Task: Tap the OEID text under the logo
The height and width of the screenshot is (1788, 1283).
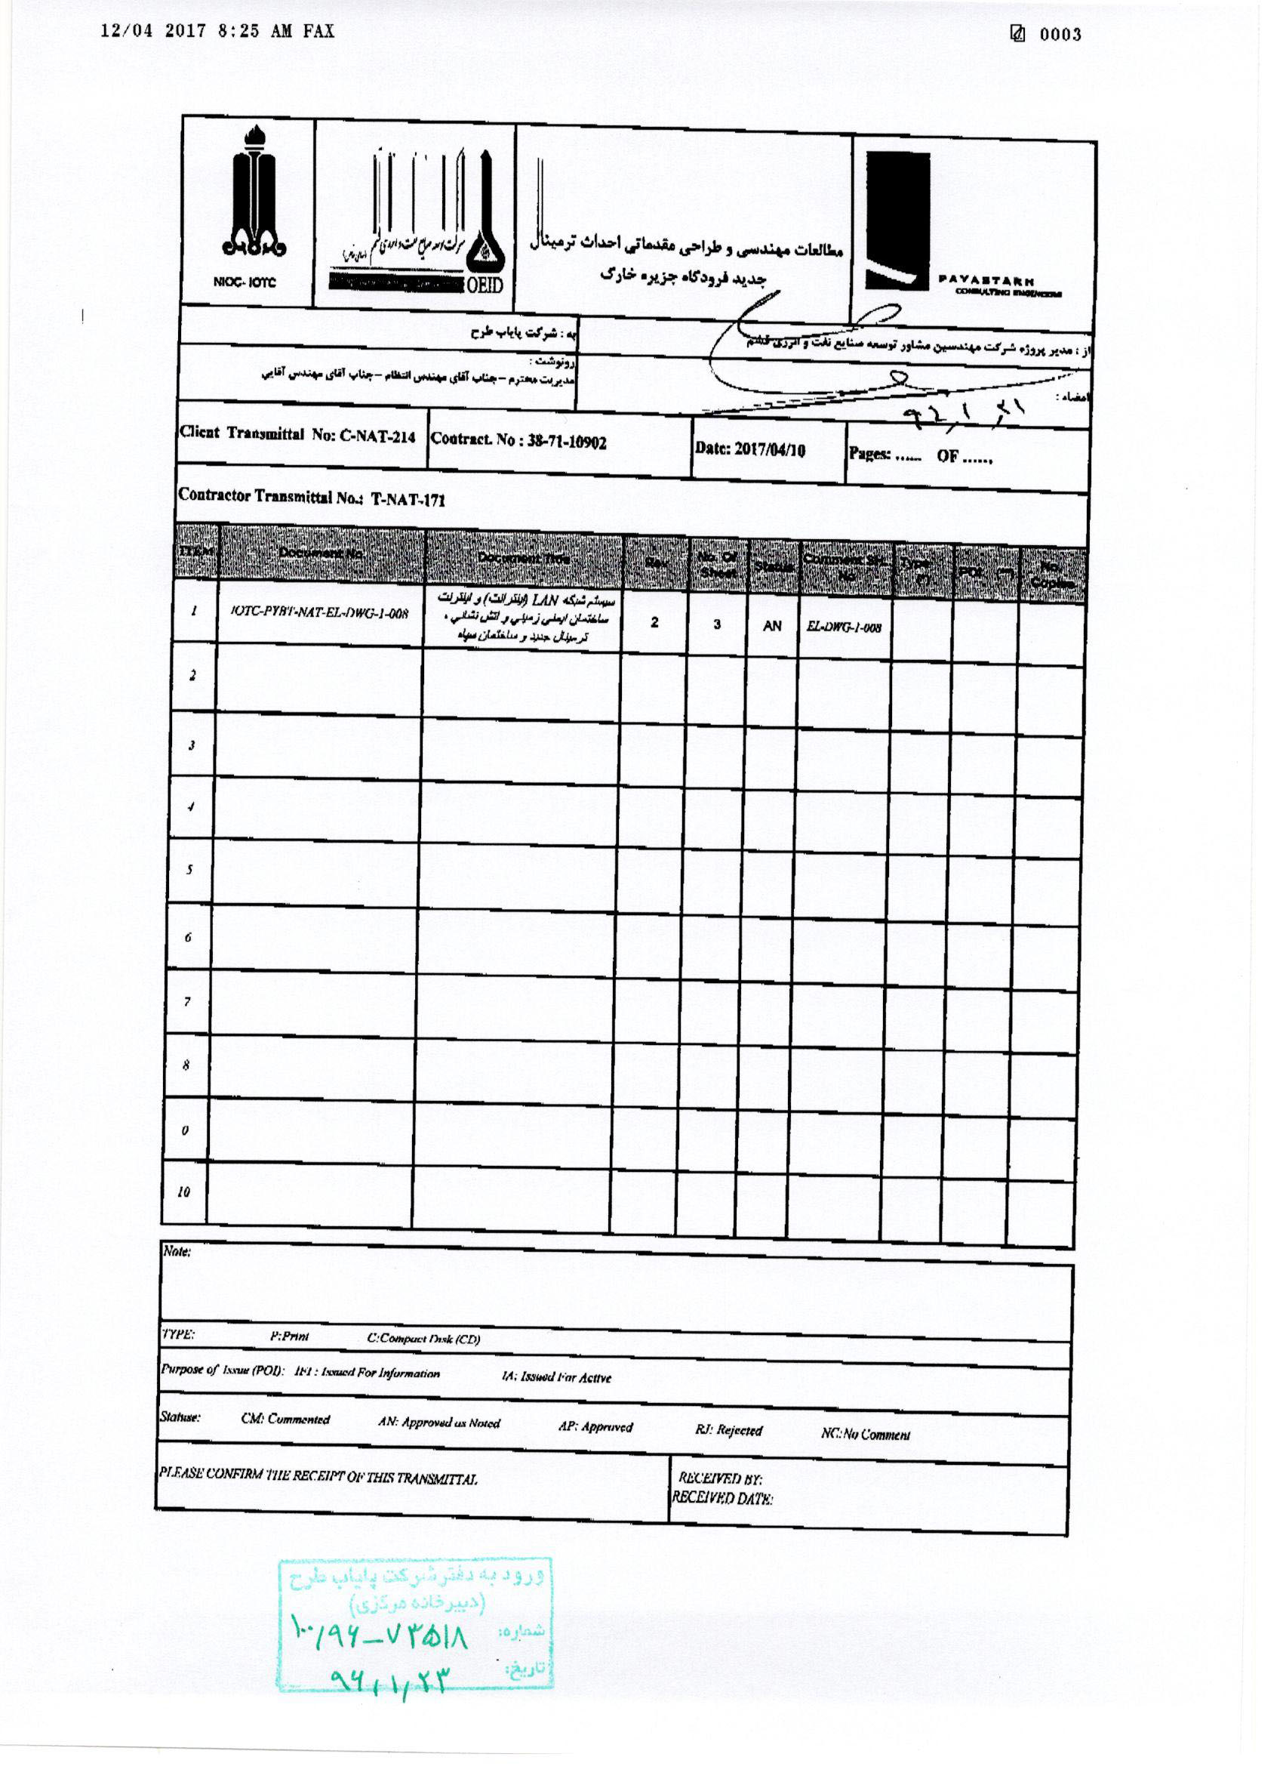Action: coord(484,285)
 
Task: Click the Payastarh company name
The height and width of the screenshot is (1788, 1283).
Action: coord(986,281)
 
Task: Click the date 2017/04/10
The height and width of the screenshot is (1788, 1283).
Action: coord(769,449)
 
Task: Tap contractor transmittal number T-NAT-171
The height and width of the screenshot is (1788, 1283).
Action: coord(408,499)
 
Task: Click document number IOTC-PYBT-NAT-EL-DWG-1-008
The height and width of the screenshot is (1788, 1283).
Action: coord(319,612)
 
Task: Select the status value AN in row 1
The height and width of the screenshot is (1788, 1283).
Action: coord(771,626)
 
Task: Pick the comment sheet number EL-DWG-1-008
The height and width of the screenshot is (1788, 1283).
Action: coord(843,627)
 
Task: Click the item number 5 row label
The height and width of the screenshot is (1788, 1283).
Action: coord(189,871)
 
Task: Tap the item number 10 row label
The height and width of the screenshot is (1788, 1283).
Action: coord(183,1192)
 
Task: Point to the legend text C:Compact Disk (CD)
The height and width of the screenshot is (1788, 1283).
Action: coord(423,1339)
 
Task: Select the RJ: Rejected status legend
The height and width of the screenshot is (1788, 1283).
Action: coord(728,1430)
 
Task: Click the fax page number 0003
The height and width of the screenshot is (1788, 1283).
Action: coord(1059,34)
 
